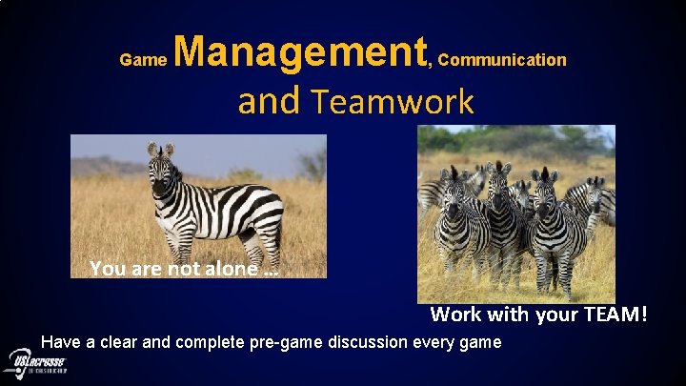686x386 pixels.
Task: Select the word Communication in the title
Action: pyautogui.click(x=503, y=60)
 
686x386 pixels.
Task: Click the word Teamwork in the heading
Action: pyautogui.click(x=392, y=101)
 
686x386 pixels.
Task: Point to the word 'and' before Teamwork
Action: pyautogui.click(x=269, y=101)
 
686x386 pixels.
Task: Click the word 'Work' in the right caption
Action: pyautogui.click(x=454, y=314)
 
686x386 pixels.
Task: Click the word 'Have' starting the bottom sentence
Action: pyautogui.click(x=61, y=342)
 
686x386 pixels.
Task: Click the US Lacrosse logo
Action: pyautogui.click(x=35, y=363)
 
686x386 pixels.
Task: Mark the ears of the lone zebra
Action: pyautogui.click(x=161, y=150)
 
